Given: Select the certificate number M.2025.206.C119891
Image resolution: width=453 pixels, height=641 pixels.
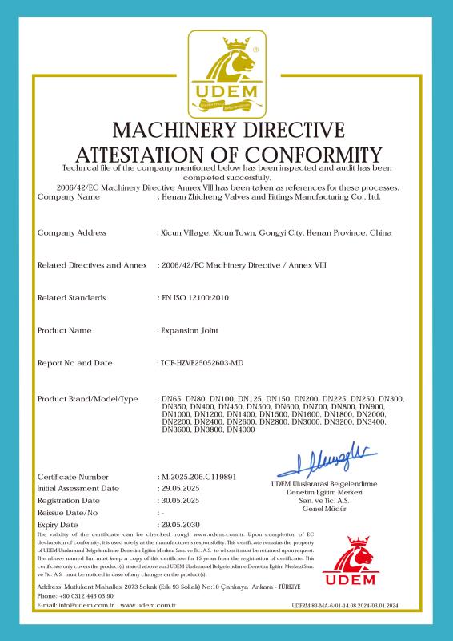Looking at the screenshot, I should click(198, 477).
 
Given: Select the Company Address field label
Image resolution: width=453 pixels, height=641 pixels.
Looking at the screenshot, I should click(72, 232).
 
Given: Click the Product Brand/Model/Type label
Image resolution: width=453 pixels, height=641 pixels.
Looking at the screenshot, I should click(88, 399).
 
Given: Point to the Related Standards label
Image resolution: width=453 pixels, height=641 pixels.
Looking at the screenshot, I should click(71, 297).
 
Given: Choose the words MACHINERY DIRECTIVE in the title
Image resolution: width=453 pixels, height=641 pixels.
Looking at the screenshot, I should click(226, 130).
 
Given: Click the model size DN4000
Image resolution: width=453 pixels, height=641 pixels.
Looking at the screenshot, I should click(241, 431).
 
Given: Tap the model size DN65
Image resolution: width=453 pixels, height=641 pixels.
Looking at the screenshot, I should click(172, 399).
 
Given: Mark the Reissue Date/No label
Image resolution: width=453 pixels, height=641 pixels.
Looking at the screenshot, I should click(67, 512).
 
